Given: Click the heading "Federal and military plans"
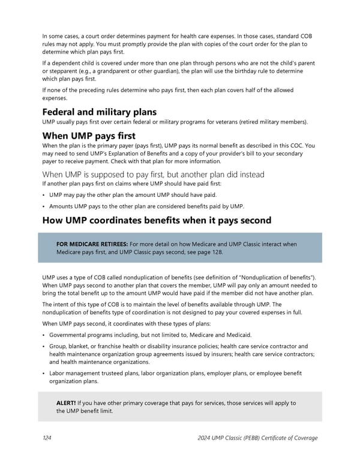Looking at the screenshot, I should tap(99, 112).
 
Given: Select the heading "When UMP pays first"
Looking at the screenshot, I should tap(88, 136).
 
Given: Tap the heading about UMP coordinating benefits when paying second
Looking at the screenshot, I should tap(157, 220).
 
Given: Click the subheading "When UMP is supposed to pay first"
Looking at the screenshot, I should tap(152, 174).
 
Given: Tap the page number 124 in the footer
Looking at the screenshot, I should tap(46, 438).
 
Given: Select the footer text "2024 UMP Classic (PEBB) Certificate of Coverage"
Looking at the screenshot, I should tap(257, 438).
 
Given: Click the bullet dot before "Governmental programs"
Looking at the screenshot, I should tap(44, 334).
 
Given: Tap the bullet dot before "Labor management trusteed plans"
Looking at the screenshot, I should tap(44, 374).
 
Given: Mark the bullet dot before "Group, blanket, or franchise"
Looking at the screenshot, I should tap(44, 346).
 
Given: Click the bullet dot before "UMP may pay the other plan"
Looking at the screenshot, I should tap(44, 195).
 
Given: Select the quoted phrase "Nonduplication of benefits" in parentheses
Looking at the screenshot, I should tap(278, 277).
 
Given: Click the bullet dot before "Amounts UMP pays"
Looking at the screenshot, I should tap(44, 206).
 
